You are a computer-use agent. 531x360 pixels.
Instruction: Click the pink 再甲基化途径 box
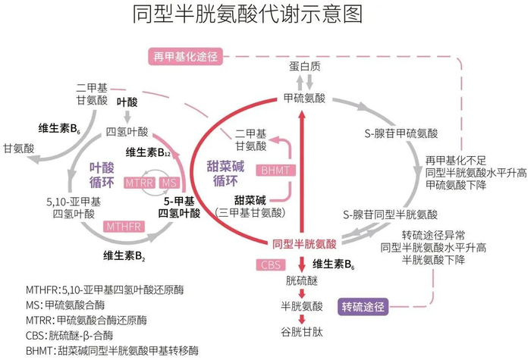[185, 56]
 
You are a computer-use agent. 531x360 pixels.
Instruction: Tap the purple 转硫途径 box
[363, 307]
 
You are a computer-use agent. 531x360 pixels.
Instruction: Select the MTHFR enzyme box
[124, 227]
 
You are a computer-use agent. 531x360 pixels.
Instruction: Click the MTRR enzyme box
[140, 183]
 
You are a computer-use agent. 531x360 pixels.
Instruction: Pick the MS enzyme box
[169, 183]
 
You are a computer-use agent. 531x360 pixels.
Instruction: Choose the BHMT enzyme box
[275, 170]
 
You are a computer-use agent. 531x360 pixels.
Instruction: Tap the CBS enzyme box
[271, 265]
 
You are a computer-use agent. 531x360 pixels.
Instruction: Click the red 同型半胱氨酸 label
[304, 244]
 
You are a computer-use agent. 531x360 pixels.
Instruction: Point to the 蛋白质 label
[304, 66]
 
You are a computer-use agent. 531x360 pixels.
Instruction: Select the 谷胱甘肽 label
[302, 332]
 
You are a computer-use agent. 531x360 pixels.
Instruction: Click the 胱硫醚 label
[302, 280]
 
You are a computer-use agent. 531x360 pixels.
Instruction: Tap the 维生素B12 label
[148, 152]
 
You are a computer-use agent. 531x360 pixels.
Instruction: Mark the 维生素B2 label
[124, 256]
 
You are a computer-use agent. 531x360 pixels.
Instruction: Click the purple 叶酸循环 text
[102, 174]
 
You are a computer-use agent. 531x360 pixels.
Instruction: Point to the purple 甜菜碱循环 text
[225, 174]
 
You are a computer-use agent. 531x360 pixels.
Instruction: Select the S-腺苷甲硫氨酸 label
[401, 133]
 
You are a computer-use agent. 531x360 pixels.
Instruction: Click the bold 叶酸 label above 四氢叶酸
[127, 102]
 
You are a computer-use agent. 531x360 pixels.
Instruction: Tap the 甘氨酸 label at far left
[19, 149]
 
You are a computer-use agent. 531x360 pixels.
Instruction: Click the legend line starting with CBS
[69, 335]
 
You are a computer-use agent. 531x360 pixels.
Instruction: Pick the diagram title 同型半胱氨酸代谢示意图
[247, 14]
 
